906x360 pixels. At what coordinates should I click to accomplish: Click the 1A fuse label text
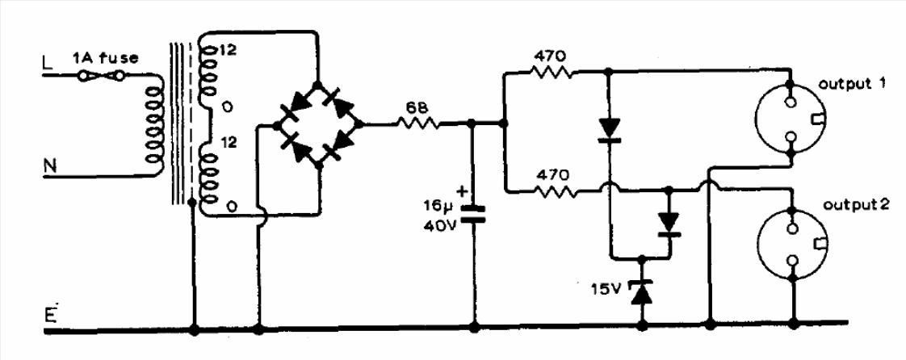point(105,58)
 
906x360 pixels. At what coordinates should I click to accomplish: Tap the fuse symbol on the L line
point(101,75)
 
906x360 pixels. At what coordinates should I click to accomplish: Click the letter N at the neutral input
point(50,166)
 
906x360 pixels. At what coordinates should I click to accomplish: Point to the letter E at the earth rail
point(50,316)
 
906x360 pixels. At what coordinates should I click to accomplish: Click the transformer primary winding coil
point(154,125)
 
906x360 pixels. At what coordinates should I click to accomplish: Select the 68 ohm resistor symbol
point(417,123)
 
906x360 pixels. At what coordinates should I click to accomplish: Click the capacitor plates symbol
point(473,214)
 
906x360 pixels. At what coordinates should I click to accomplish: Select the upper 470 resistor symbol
point(552,72)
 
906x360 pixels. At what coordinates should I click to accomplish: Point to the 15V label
point(604,287)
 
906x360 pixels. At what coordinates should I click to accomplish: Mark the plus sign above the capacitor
point(462,190)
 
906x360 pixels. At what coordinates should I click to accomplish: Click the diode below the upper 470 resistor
point(608,129)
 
